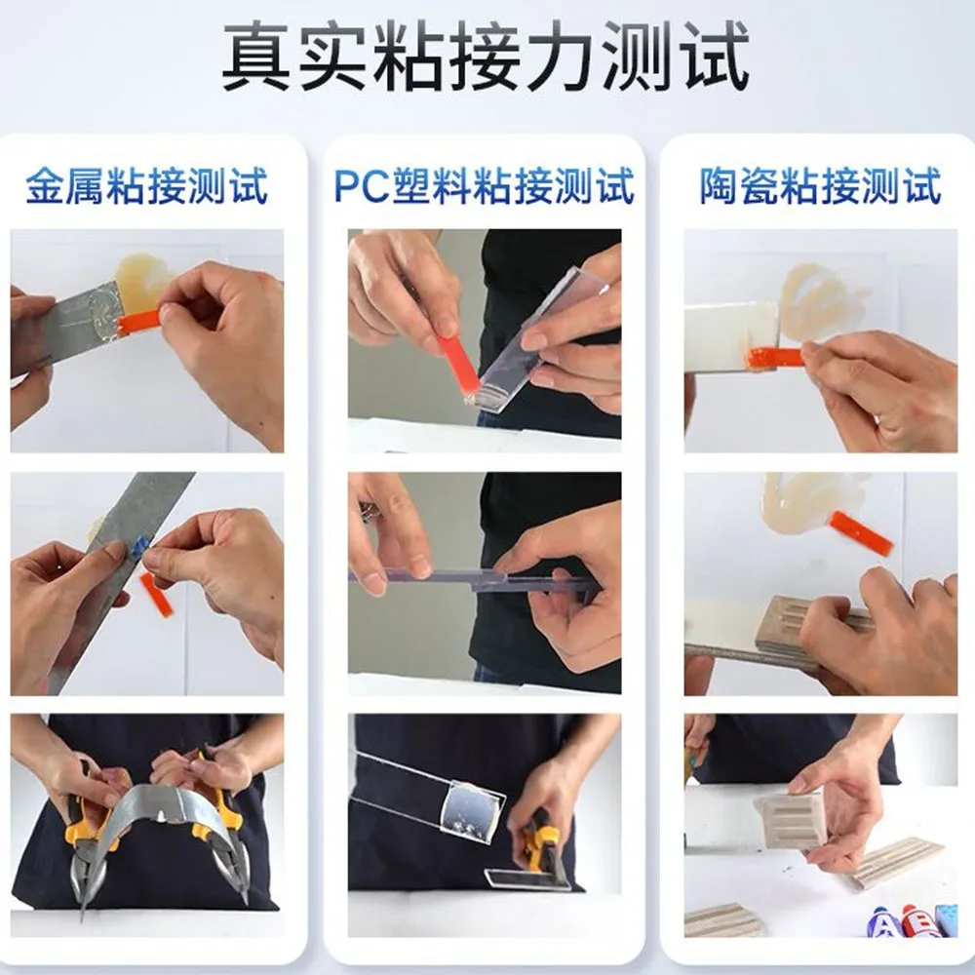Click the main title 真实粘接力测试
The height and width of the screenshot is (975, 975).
(486, 57)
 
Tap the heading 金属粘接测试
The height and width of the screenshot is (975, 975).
(147, 185)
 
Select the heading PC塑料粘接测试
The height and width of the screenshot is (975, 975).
(485, 185)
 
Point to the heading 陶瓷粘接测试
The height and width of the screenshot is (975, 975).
(820, 185)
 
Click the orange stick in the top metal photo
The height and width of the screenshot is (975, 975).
(140, 321)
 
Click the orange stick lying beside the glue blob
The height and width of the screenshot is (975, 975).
(862, 533)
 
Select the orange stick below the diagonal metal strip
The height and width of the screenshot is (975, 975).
(155, 595)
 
